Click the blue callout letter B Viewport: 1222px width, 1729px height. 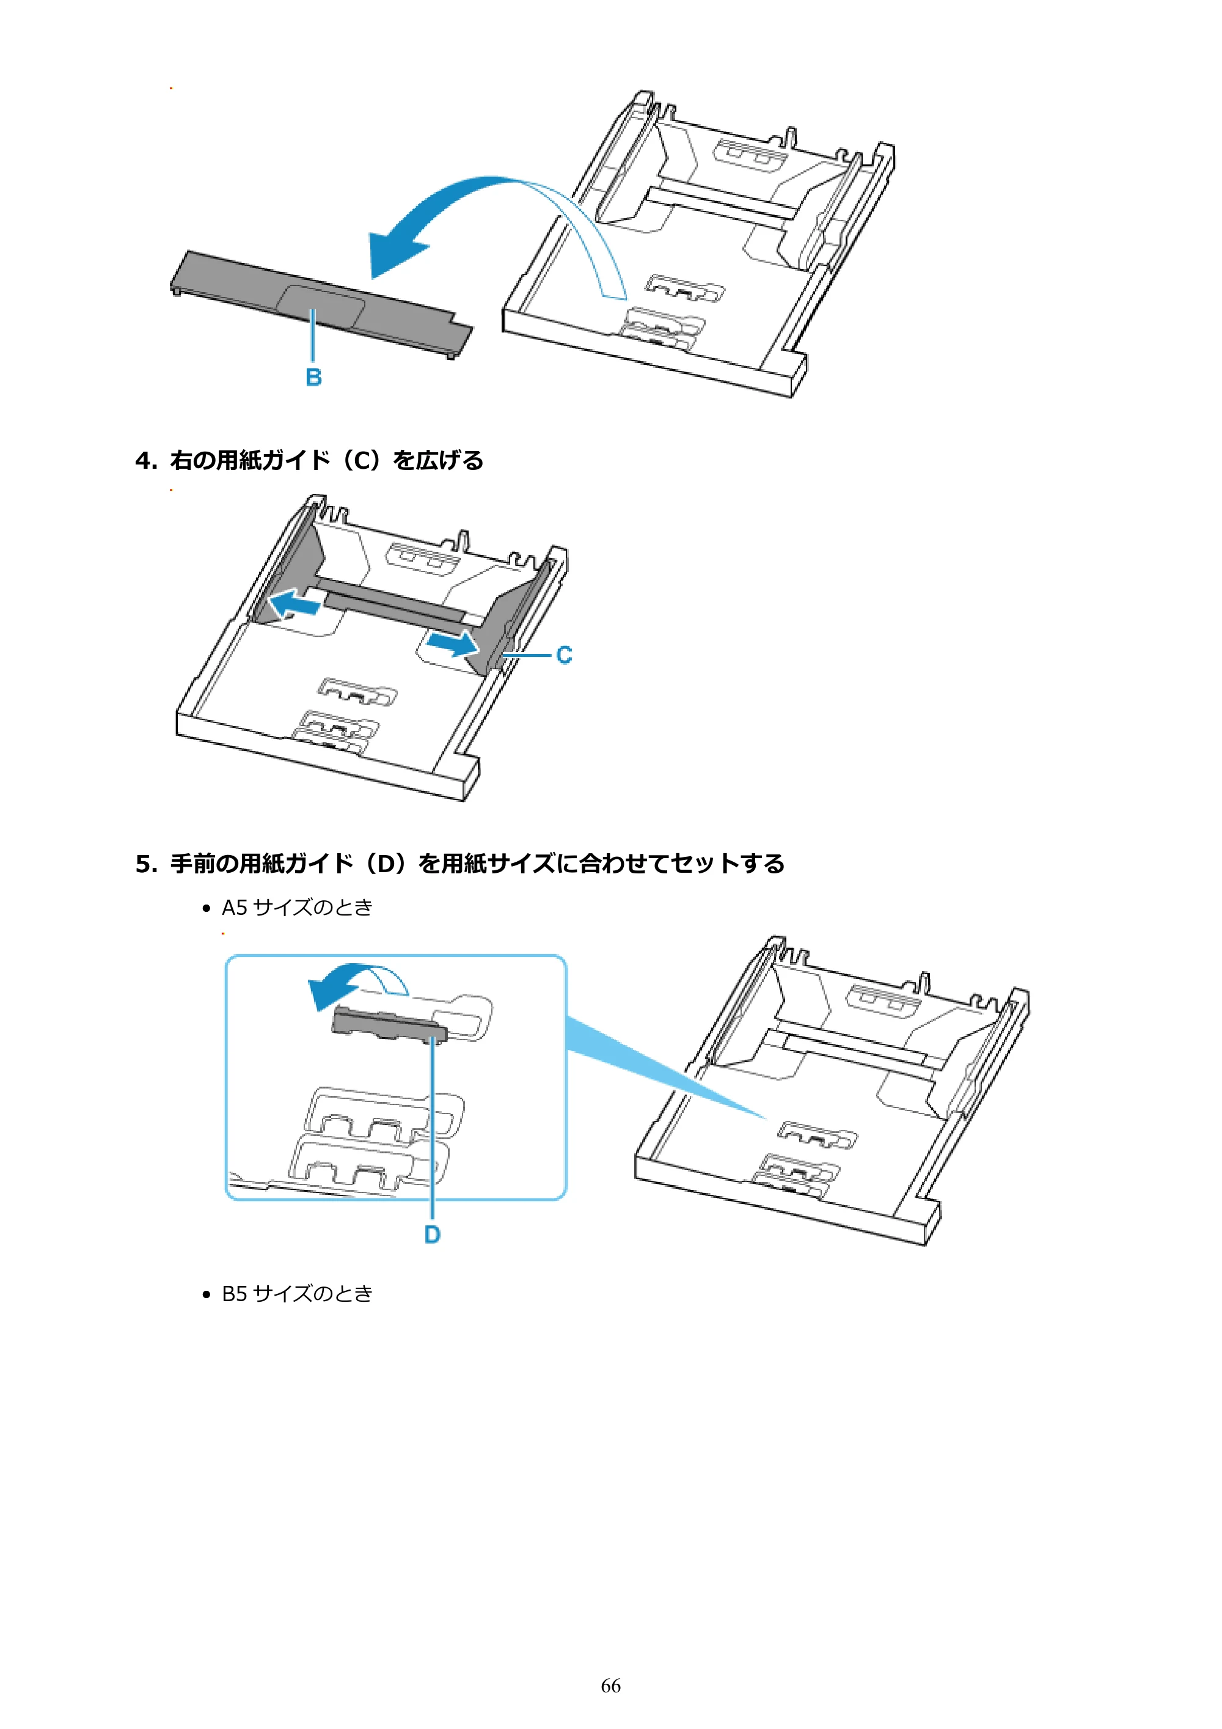(314, 377)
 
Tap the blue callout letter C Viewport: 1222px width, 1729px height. (564, 655)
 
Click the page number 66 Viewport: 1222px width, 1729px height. (610, 1686)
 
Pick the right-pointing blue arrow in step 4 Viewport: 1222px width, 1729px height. (452, 643)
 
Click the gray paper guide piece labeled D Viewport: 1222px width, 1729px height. (390, 1026)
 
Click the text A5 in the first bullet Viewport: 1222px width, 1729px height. (234, 908)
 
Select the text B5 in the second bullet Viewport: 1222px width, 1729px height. (234, 1294)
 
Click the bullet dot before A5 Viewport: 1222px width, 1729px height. (207, 909)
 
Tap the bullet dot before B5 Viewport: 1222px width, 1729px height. (207, 1295)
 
